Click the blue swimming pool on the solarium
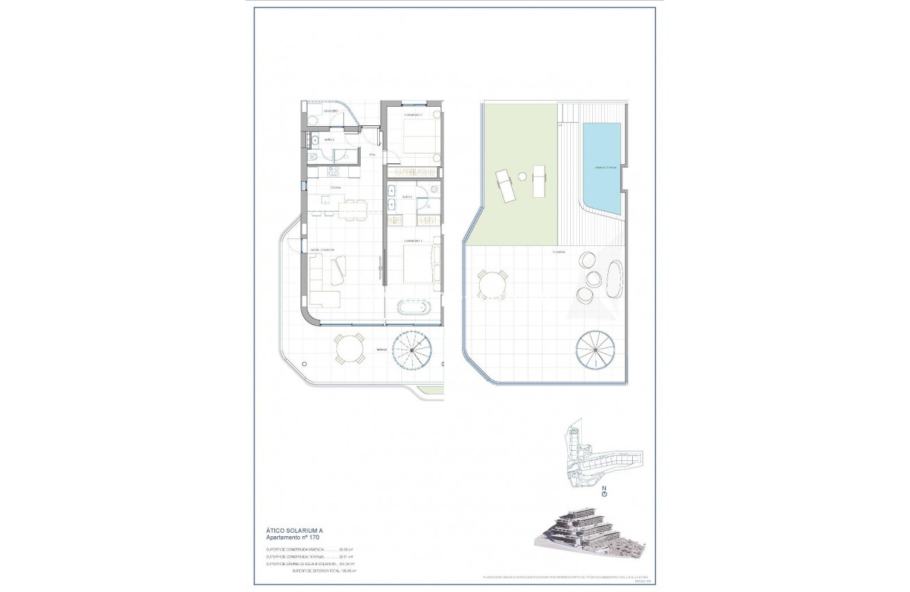(x=602, y=167)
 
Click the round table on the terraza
(x=350, y=349)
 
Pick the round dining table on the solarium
(x=493, y=284)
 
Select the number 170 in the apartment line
(x=314, y=536)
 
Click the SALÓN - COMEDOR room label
(x=322, y=249)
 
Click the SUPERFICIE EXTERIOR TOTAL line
(x=318, y=571)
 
